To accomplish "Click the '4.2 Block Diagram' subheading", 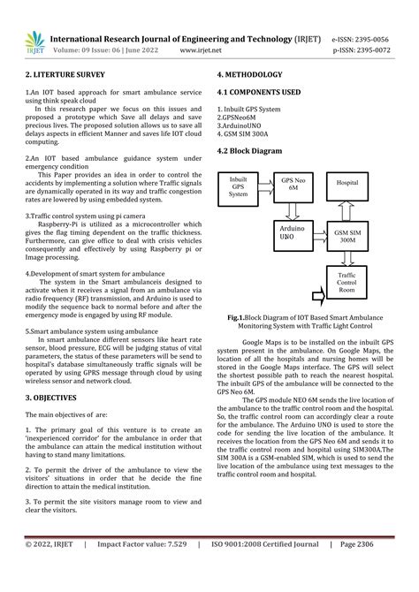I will (x=250, y=151).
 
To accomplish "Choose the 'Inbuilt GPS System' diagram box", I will (x=239, y=186).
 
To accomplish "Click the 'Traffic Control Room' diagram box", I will (x=347, y=283).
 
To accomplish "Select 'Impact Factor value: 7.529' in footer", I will (x=141, y=570).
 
